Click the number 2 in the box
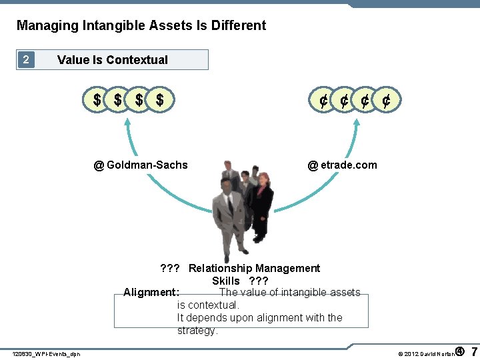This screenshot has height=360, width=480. [x=25, y=59]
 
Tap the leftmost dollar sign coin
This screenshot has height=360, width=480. [x=97, y=101]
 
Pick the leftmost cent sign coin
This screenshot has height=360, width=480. [x=322, y=101]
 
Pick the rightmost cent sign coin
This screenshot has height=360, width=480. [x=386, y=101]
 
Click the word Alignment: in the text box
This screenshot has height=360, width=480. [x=151, y=292]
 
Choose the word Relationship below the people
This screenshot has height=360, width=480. [x=220, y=268]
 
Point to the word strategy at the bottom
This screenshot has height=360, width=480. [x=197, y=331]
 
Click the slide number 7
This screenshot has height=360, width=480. [x=473, y=351]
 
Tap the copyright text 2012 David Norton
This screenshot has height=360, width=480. [x=427, y=353]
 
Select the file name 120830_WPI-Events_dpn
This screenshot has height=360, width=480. [x=46, y=354]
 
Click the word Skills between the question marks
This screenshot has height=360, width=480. [x=226, y=281]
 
